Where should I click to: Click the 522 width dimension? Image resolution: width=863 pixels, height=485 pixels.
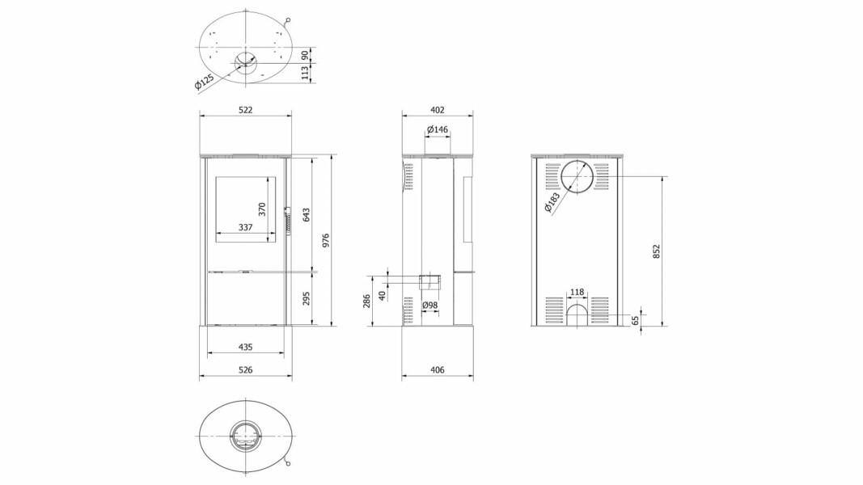[x=245, y=110]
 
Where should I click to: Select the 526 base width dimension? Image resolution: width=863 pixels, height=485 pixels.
[x=245, y=370]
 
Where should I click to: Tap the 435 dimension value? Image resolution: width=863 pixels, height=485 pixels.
[x=245, y=347]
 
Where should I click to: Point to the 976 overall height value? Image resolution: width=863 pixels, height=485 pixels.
[x=325, y=240]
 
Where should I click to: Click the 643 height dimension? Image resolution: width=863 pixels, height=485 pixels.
[x=307, y=214]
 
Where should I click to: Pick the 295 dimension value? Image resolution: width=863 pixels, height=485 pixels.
[x=307, y=298]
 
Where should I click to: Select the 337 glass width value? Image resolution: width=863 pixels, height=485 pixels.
[x=245, y=227]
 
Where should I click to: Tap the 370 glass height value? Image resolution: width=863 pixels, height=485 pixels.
[x=262, y=209]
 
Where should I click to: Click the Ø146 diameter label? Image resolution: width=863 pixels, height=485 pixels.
[x=438, y=130]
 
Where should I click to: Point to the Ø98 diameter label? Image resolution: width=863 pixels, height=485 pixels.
[x=429, y=306]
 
